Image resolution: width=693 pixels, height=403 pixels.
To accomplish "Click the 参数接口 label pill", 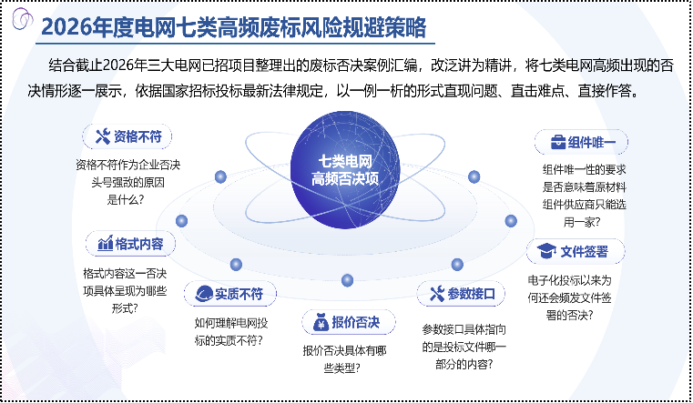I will coord(462,294).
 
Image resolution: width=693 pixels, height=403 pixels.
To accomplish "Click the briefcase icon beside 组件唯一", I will coord(555,143).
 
